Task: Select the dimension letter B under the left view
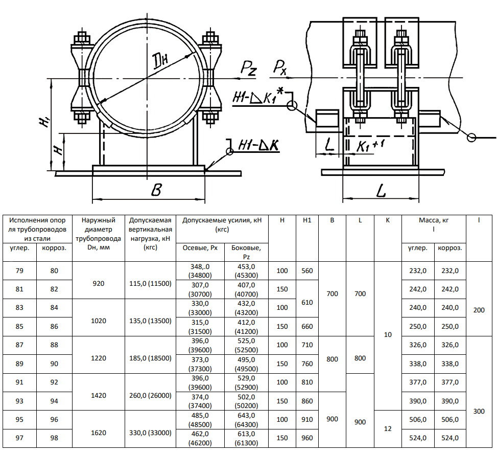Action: click(156, 191)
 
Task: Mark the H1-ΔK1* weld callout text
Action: click(258, 97)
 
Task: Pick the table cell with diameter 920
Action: click(99, 281)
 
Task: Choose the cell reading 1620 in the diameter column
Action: click(99, 433)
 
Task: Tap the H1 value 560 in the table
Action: click(307, 271)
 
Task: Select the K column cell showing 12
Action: click(388, 429)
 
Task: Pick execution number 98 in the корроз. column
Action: click(54, 438)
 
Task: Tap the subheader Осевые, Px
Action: click(200, 248)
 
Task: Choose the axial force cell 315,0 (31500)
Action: click(200, 327)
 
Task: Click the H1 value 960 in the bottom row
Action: click(307, 438)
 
